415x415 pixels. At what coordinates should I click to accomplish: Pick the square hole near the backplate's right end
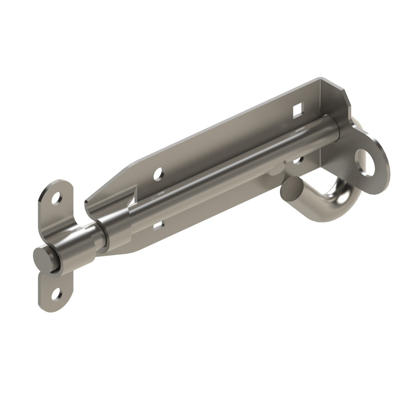point(297,110)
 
